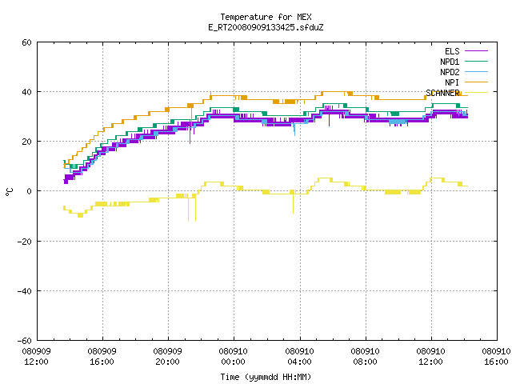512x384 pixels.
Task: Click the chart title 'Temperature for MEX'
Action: [266, 17]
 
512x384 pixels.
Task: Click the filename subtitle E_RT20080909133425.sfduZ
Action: [266, 27]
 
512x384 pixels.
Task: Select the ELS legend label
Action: [452, 51]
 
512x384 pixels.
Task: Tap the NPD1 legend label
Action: [450, 62]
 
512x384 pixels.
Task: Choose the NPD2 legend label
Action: [450, 72]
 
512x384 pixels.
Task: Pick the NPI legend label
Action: [452, 82]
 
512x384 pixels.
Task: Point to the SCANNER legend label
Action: [442, 93]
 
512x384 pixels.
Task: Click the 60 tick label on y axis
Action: [26, 42]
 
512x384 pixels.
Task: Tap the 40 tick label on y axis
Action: [26, 92]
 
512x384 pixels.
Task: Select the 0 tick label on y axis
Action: [30, 191]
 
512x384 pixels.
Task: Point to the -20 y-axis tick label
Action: [25, 242]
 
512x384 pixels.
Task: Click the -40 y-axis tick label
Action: [25, 291]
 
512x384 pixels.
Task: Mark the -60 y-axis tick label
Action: [25, 341]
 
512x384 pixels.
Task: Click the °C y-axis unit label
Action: [9, 192]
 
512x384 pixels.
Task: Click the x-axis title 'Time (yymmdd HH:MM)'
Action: [266, 377]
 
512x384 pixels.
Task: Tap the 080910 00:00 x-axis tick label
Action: [233, 357]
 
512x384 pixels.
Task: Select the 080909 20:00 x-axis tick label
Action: [167, 357]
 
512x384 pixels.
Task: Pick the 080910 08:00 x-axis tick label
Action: [365, 357]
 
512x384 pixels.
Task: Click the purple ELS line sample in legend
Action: [476, 51]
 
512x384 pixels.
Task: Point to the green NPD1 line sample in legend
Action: [476, 61]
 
